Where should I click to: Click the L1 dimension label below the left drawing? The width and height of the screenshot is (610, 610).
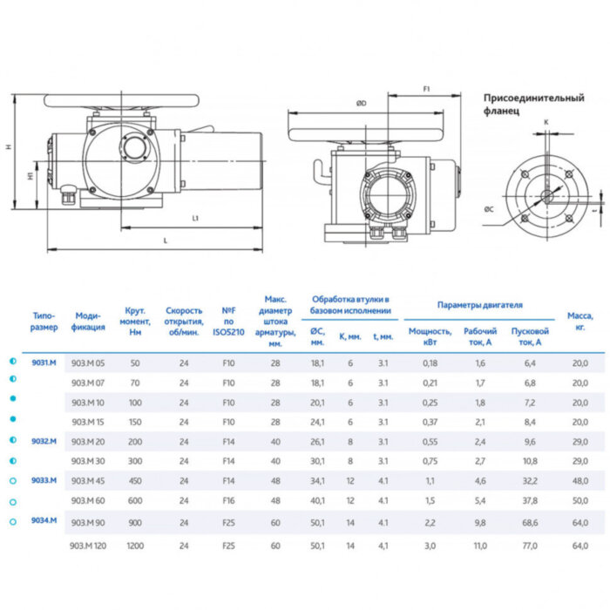195,217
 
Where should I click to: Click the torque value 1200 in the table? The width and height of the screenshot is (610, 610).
134,546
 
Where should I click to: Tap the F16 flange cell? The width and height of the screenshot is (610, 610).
229,500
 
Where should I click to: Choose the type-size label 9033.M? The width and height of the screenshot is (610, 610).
44,480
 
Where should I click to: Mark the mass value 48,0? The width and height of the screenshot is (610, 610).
579,480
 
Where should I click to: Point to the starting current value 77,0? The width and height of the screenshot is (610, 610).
529,546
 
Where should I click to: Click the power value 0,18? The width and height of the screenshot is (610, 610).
430,363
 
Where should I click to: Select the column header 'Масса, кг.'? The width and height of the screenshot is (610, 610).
579,321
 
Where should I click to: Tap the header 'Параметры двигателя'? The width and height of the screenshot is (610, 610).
480,306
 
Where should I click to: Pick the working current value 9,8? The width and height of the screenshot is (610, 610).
479,523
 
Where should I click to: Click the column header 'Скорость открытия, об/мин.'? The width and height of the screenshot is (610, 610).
184,321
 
